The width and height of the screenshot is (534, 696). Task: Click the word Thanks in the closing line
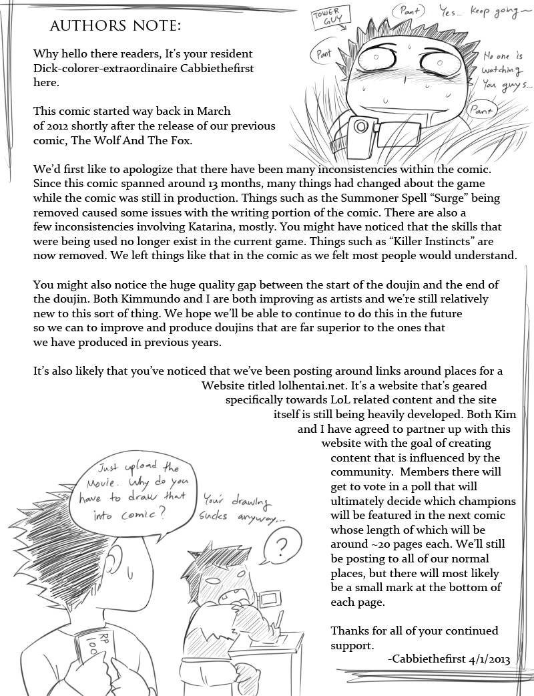(348, 631)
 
